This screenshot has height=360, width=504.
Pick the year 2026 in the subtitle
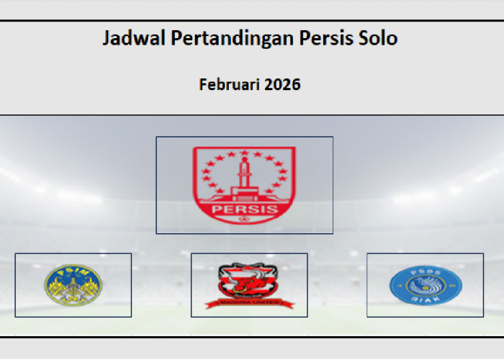282,84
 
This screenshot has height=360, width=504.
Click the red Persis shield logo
244,184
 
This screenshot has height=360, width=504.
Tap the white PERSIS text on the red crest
244,210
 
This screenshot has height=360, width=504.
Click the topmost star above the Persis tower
244,152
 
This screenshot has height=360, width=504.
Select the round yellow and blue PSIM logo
73,284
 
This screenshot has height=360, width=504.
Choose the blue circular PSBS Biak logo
425,285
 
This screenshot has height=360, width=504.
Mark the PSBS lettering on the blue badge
425,271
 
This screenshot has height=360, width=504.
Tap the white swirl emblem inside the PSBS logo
425,286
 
